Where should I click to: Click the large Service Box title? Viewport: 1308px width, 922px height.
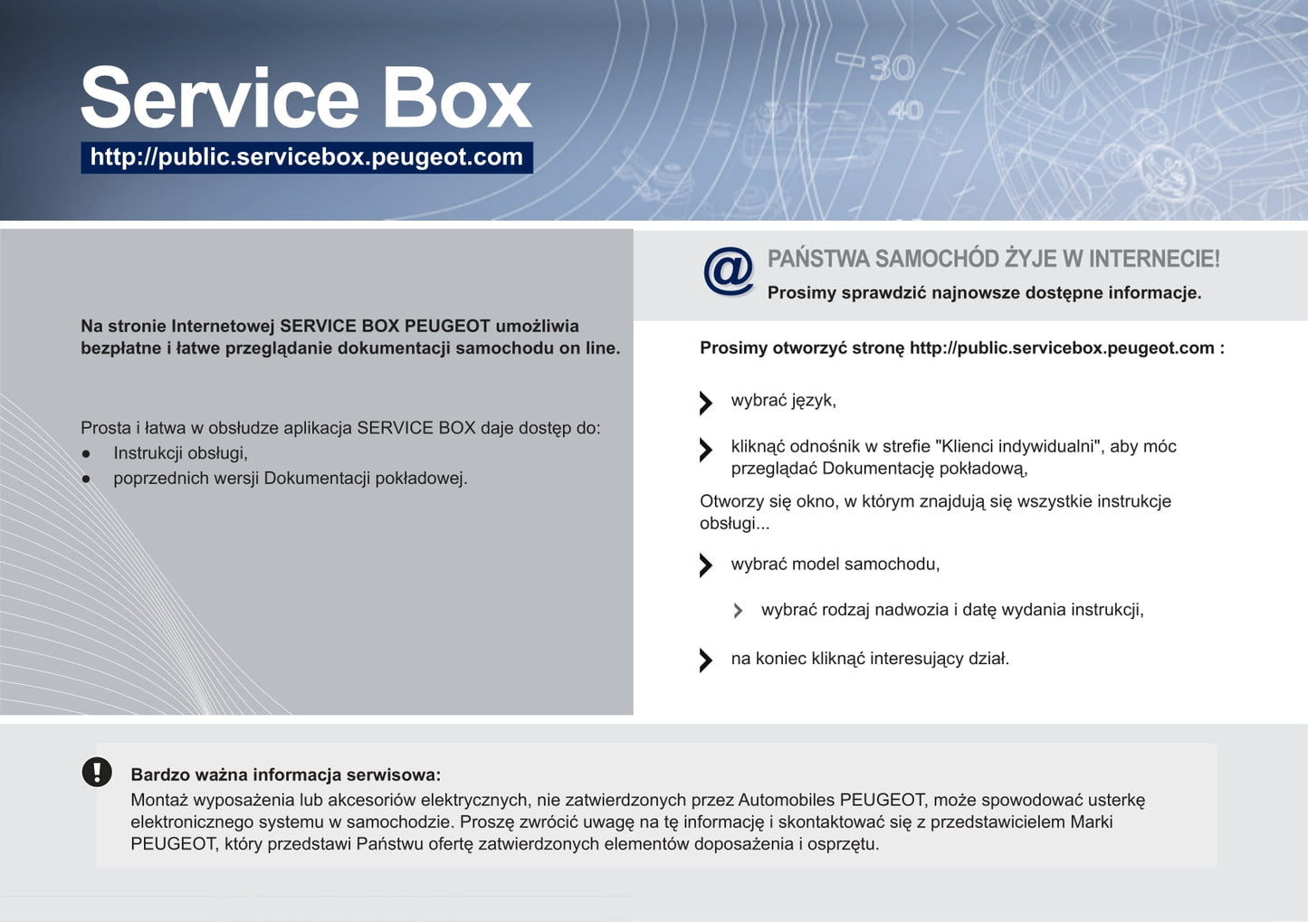click(306, 98)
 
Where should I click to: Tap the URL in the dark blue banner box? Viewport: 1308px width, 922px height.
click(307, 157)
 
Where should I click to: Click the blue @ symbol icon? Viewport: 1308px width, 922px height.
click(728, 271)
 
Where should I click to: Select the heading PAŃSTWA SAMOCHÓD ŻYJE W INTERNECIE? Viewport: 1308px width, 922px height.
click(993, 259)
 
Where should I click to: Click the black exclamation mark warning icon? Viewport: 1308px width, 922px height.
click(97, 772)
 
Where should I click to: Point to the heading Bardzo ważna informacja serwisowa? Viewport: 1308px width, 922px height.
click(285, 775)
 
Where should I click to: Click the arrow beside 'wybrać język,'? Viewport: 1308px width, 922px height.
click(706, 403)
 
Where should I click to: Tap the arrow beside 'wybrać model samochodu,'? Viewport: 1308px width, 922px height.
click(706, 565)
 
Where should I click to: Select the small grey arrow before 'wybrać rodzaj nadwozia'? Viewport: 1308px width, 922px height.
click(738, 611)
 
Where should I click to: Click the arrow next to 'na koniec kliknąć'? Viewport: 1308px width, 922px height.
click(706, 661)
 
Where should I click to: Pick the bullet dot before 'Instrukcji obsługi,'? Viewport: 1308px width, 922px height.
click(86, 453)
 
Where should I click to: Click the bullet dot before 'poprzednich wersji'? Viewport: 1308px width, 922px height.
click(86, 479)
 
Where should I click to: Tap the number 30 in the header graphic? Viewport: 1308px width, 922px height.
click(892, 68)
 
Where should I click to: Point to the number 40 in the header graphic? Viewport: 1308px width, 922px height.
click(906, 110)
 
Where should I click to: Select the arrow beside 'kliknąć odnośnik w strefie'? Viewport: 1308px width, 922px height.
click(706, 450)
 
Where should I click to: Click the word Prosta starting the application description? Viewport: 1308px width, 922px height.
click(106, 428)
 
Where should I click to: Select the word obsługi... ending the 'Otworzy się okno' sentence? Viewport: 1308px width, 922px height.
click(735, 524)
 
